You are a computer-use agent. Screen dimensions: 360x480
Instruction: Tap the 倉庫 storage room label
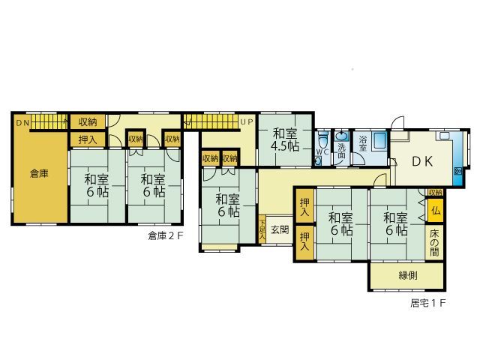39,174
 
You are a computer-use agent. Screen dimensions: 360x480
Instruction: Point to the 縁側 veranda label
408,276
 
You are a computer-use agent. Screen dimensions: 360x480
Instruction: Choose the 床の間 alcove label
436,241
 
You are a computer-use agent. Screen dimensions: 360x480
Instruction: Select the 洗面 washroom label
341,148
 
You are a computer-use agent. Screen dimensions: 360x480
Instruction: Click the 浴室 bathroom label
362,143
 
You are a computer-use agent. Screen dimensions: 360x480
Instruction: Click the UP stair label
246,121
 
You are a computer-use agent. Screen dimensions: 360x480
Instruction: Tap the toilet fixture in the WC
322,139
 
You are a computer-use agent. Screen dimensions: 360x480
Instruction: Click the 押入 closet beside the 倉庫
87,139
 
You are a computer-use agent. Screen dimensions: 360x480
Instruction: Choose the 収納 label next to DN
87,121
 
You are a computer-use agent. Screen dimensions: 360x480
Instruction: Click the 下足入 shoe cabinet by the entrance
261,229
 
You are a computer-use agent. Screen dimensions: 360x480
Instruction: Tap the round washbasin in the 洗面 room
341,136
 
